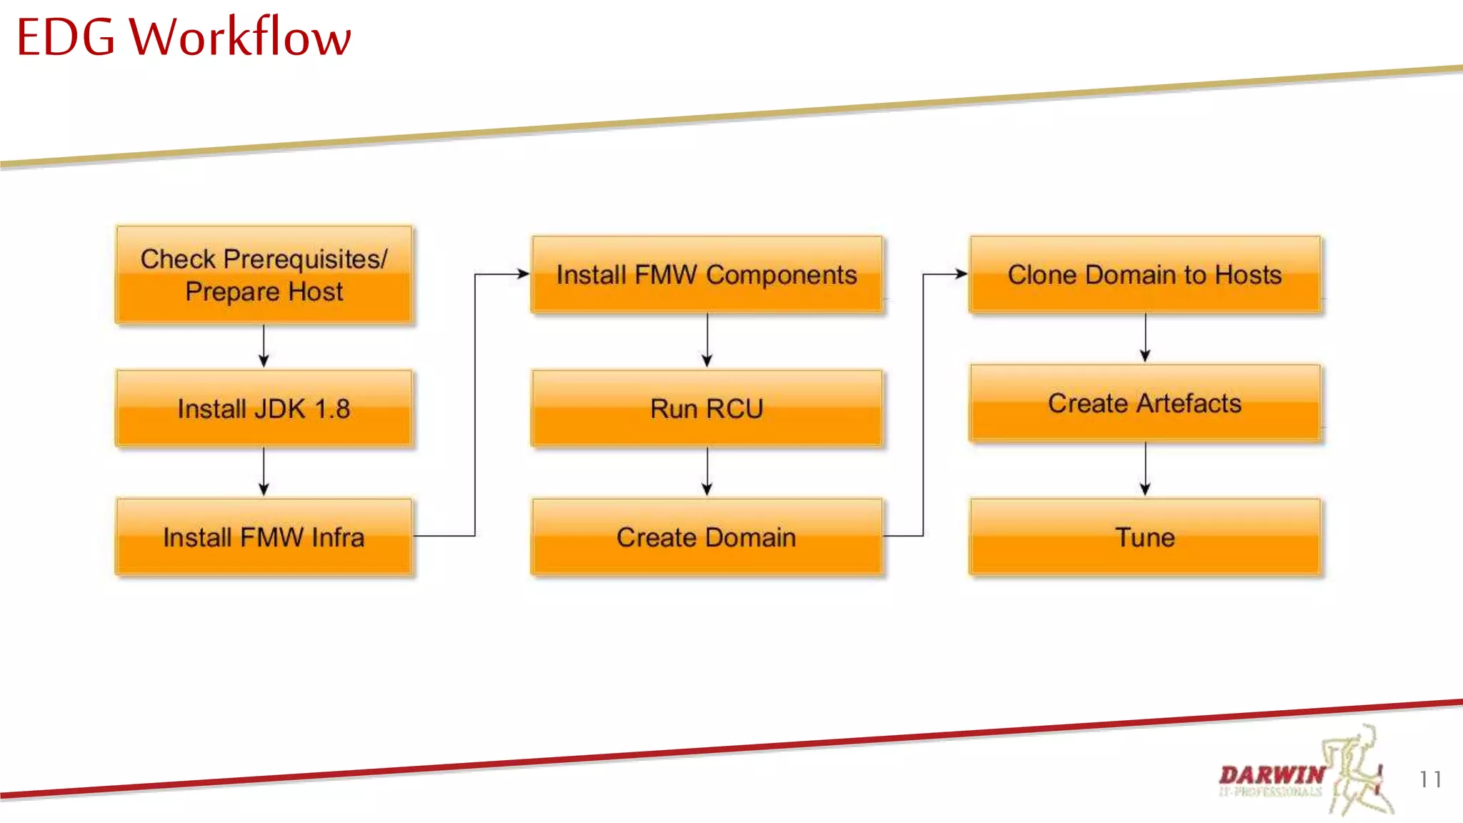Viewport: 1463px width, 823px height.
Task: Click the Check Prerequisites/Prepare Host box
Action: (x=264, y=275)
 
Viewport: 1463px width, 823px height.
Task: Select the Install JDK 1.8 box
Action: (x=264, y=409)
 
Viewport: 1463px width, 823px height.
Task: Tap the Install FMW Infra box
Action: (x=264, y=537)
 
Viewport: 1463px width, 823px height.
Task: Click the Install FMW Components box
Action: (x=706, y=274)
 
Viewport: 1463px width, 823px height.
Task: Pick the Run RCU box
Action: (x=706, y=409)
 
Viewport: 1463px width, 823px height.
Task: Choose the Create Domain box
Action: (x=706, y=537)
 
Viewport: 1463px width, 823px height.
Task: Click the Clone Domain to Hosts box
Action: (x=1144, y=274)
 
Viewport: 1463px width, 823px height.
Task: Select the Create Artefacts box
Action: (x=1144, y=403)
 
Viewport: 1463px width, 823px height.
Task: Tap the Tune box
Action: (x=1144, y=537)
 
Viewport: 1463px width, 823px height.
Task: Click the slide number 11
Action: (x=1430, y=779)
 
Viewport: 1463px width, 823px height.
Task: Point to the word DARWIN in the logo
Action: (x=1272, y=774)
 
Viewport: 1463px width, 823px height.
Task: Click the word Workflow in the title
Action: (x=240, y=37)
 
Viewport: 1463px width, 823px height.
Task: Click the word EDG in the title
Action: (x=65, y=37)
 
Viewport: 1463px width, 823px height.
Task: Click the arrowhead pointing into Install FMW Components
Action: (x=523, y=274)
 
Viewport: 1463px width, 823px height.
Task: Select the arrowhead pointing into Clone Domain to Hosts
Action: (x=962, y=274)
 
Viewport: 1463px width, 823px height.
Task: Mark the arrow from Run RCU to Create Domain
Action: (x=707, y=472)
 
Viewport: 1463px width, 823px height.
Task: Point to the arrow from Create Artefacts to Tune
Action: (x=1145, y=469)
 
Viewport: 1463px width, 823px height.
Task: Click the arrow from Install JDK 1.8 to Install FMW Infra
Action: (x=264, y=472)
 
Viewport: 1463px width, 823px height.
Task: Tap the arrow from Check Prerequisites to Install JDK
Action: (x=264, y=346)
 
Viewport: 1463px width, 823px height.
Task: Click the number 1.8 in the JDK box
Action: (x=332, y=409)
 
